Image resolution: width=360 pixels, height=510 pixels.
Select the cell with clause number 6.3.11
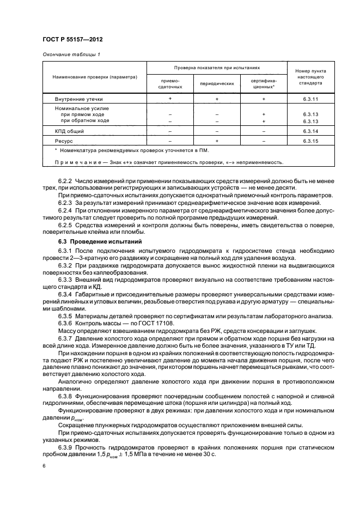pyautogui.click(x=310, y=100)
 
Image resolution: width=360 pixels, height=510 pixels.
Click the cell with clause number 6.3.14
pyautogui.click(x=310, y=131)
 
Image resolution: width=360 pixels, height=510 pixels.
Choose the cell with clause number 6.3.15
pyautogui.click(x=310, y=141)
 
